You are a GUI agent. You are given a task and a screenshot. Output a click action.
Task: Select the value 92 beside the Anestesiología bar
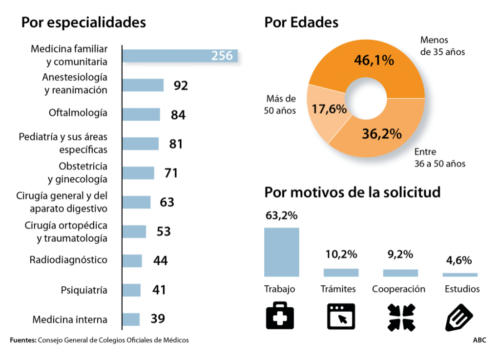point(181,85)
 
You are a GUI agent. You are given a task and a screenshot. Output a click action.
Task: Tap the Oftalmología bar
point(141,114)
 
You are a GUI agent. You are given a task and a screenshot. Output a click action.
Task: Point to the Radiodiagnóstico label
point(68,259)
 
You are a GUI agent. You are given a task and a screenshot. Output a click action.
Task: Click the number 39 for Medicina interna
point(158,319)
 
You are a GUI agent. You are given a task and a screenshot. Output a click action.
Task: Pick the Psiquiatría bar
point(131,290)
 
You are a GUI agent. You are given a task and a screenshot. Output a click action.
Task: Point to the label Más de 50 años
point(281,104)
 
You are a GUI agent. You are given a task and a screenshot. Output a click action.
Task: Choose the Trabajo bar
point(281,252)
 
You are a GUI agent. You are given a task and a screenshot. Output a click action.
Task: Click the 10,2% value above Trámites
point(341,254)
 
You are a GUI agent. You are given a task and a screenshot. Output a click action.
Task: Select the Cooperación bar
point(400,273)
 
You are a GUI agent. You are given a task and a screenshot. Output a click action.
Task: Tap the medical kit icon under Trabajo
point(280,316)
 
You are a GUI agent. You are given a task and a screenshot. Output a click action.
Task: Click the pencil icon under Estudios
point(460,316)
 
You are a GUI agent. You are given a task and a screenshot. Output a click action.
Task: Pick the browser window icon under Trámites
point(340,316)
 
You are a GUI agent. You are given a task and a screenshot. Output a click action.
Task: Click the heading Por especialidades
point(83,23)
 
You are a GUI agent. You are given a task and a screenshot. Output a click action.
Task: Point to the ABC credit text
point(479,340)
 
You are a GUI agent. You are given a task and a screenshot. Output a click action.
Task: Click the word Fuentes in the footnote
point(22,340)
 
